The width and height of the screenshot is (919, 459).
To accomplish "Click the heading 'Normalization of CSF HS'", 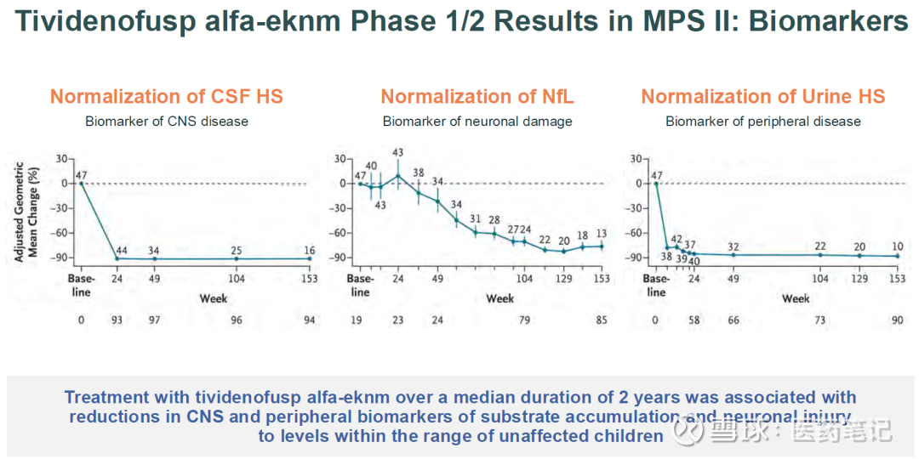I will [166, 97].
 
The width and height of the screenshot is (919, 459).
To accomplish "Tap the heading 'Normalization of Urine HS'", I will [762, 97].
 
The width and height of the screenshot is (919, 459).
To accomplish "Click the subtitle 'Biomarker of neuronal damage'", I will [477, 122].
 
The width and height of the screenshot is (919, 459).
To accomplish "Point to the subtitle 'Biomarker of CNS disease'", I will [166, 122].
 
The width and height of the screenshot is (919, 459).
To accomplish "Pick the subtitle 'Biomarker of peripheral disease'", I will [762, 122].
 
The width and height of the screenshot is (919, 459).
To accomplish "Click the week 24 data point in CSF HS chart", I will [117, 258].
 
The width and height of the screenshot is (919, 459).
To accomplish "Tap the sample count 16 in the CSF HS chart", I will [309, 251].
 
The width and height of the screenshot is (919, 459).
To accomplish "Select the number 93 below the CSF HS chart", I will [117, 320].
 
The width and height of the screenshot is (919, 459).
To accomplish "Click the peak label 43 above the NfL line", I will [397, 153].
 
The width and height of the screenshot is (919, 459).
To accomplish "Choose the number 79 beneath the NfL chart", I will [524, 320].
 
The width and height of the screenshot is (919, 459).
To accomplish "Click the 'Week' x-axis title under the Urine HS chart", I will [796, 298].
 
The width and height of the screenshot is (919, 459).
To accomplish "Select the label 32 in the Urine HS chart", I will [733, 247].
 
